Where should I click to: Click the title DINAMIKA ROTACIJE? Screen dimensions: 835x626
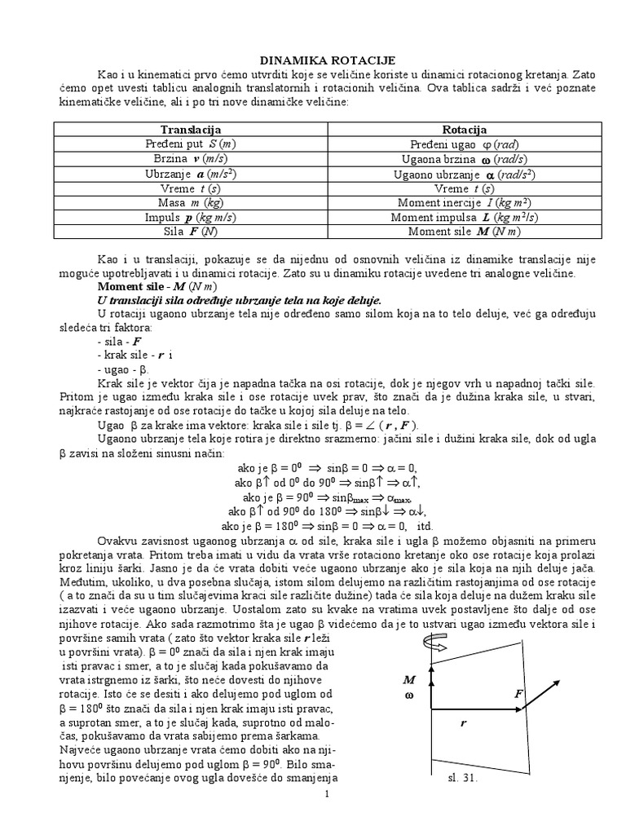(x=315, y=60)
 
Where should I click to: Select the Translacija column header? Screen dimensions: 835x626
(x=191, y=130)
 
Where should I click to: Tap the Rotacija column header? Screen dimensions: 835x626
(x=464, y=130)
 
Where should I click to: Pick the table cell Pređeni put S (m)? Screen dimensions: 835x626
(x=191, y=144)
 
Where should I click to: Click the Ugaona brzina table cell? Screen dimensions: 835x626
(x=464, y=159)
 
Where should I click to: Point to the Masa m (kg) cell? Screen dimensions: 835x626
(x=191, y=203)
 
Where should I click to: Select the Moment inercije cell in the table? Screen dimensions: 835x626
(x=464, y=203)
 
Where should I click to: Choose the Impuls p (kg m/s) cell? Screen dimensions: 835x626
(x=191, y=218)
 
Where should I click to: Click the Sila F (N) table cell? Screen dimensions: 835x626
(x=191, y=232)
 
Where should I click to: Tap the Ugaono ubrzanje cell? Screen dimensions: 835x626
(x=464, y=174)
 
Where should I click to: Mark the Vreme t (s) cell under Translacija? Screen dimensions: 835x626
(x=191, y=188)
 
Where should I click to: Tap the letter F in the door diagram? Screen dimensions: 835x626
(x=518, y=693)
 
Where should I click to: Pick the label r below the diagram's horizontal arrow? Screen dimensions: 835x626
(x=462, y=722)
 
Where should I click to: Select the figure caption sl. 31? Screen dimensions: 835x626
(x=462, y=778)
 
